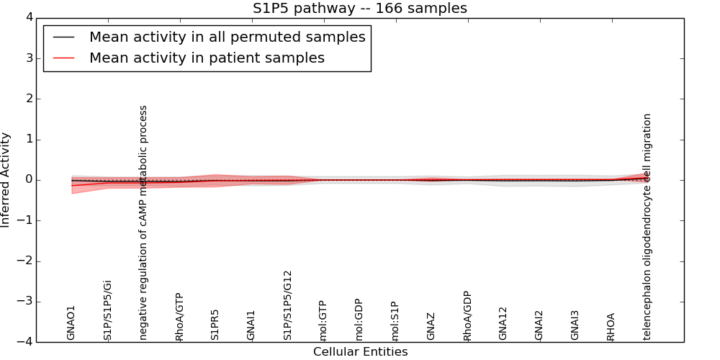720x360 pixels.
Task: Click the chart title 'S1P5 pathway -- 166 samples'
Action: point(359,9)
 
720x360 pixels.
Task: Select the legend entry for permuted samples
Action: point(227,37)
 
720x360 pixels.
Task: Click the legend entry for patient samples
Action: point(207,58)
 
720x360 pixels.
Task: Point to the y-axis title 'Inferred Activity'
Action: point(6,180)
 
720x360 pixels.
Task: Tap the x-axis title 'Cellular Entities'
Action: point(360,352)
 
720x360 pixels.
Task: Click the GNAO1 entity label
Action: point(71,322)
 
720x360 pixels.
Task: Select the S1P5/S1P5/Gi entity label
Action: point(107,310)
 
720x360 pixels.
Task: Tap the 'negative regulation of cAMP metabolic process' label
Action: point(143,222)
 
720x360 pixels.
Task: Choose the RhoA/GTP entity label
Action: point(179,317)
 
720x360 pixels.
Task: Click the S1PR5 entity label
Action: point(215,324)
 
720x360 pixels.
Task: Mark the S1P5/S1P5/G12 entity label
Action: point(287,306)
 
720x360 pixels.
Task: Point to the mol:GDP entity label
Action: point(359,320)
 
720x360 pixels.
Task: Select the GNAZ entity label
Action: point(431,326)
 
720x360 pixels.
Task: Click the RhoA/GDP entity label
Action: point(467,316)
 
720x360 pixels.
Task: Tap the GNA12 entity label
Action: point(503,323)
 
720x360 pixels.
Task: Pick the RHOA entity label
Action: point(611,326)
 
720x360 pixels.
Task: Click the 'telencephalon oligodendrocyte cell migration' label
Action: point(647,227)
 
